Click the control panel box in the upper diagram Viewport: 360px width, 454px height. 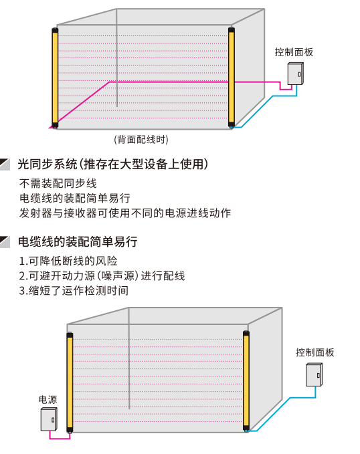tap(295, 74)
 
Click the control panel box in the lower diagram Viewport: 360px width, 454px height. tap(314, 375)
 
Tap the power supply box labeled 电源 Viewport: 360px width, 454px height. tap(49, 419)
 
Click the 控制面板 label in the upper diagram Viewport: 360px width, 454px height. tap(294, 52)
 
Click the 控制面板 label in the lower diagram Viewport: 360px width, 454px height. tap(314, 352)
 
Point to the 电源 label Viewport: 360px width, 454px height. tap(48, 400)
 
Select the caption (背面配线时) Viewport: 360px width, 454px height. tap(141, 140)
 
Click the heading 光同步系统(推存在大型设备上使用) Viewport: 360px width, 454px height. tap(113, 164)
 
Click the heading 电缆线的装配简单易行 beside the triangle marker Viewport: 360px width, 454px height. tap(78, 241)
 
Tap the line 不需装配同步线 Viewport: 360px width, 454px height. tap(58, 183)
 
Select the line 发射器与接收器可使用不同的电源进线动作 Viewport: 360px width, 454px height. tap(125, 213)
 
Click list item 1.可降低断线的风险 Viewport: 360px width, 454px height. tap(68, 261)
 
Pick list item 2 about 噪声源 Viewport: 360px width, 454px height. tap(102, 275)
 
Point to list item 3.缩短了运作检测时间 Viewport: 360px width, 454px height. tap(74, 290)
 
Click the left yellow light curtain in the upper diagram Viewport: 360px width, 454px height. tap(55, 78)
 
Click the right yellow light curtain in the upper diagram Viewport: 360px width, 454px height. tap(232, 77)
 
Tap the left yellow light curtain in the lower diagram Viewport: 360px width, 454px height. tap(70, 382)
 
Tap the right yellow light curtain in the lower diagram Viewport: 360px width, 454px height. tap(246, 381)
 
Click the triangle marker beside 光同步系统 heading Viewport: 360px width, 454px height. tap(5, 164)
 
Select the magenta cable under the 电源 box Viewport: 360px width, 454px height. tap(60, 439)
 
